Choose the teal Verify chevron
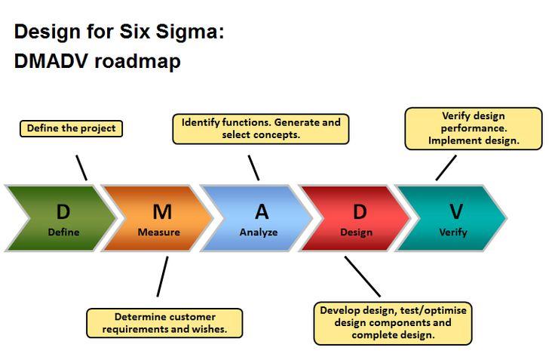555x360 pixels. point(453,218)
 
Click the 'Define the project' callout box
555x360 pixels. point(72,128)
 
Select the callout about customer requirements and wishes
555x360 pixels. point(165,323)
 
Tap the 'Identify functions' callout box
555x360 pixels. point(261,128)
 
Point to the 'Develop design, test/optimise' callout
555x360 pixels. point(392,323)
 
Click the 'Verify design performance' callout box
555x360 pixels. point(474,128)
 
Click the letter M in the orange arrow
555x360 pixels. point(161,211)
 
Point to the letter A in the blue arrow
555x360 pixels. point(261,211)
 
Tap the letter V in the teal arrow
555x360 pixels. point(455,211)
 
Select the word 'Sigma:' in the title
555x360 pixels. point(192,32)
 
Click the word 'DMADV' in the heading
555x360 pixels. point(50,62)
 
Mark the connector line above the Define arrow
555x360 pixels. point(81,168)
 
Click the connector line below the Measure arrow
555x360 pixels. point(162,276)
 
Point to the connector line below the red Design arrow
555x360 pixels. point(362,276)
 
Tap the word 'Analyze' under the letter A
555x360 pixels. point(259,232)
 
